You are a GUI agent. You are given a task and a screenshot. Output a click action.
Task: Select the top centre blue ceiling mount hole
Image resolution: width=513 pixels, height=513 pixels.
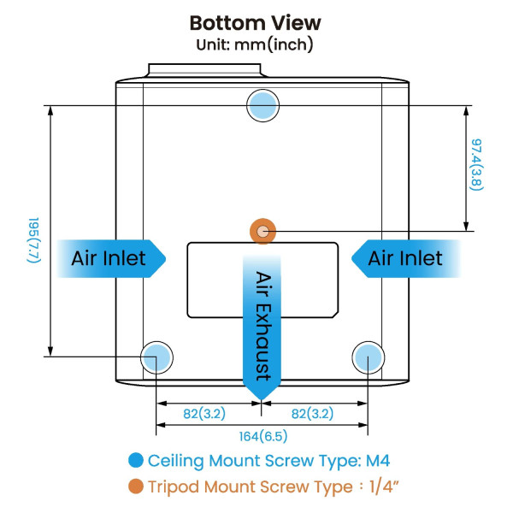click(262, 105)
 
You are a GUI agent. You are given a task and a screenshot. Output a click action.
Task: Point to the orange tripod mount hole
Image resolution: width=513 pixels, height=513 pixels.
click(262, 230)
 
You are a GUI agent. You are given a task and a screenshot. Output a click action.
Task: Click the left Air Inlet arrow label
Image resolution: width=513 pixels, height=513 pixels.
click(109, 258)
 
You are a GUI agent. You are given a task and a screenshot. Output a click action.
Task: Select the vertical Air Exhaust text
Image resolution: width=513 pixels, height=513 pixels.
click(262, 325)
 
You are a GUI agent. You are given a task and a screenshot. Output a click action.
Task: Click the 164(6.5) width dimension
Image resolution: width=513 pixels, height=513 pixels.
click(262, 436)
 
